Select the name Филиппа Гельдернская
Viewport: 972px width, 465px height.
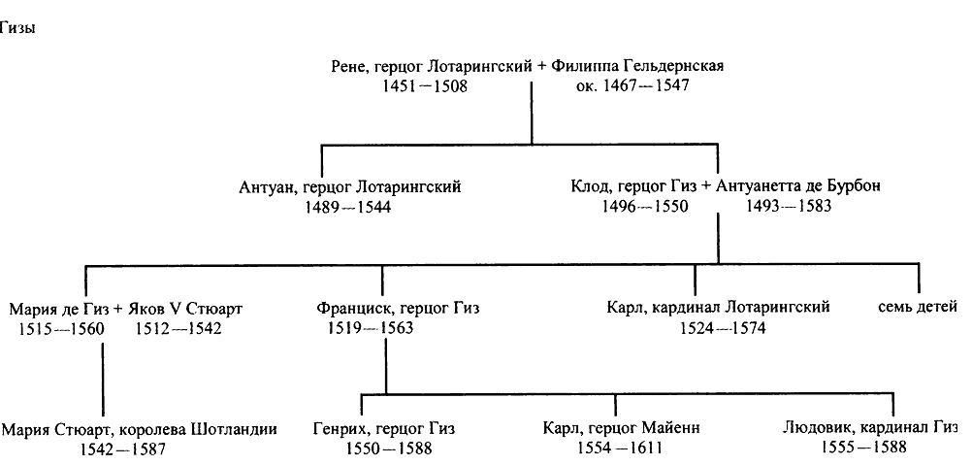pos(637,66)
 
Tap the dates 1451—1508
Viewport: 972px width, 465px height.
pos(425,86)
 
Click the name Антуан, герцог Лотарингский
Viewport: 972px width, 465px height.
pos(349,187)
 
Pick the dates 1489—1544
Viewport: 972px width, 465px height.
pos(347,208)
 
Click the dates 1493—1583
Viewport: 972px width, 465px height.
pos(789,208)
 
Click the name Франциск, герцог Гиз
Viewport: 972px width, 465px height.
pos(398,309)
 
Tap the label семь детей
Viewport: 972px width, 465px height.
pos(918,309)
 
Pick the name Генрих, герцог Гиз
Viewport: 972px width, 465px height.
pos(384,428)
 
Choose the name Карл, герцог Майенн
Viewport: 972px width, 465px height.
pos(623,428)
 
